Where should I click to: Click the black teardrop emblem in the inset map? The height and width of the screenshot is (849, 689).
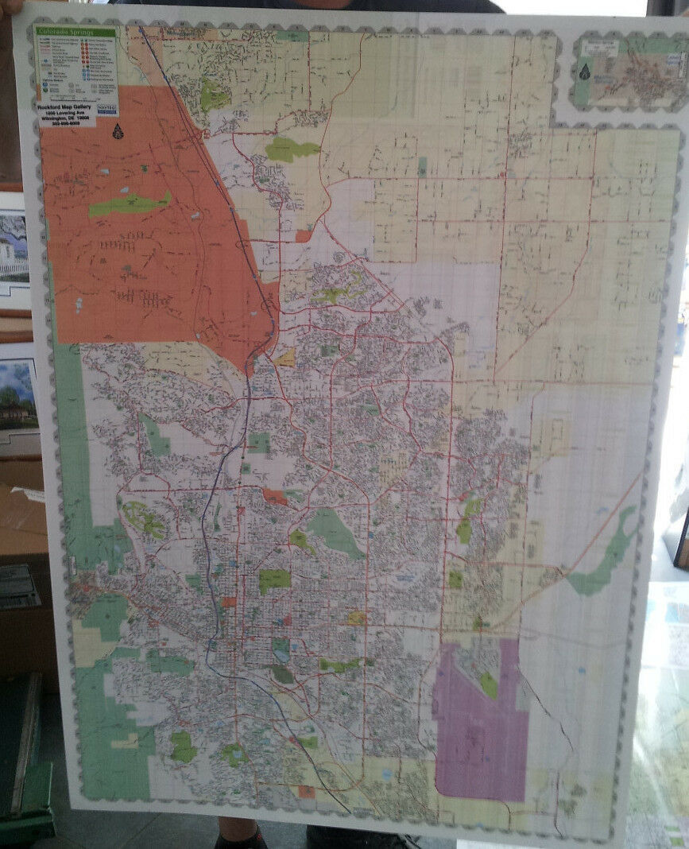(585, 72)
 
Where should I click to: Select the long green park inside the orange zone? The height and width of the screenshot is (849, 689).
(130, 204)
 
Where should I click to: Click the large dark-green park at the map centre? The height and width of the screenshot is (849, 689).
(333, 531)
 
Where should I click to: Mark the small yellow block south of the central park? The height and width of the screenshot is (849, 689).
(356, 618)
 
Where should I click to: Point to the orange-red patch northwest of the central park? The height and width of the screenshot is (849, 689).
(275, 497)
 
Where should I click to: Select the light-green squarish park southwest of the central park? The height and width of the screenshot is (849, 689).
(274, 580)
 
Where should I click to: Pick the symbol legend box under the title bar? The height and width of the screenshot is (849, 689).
(76, 67)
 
